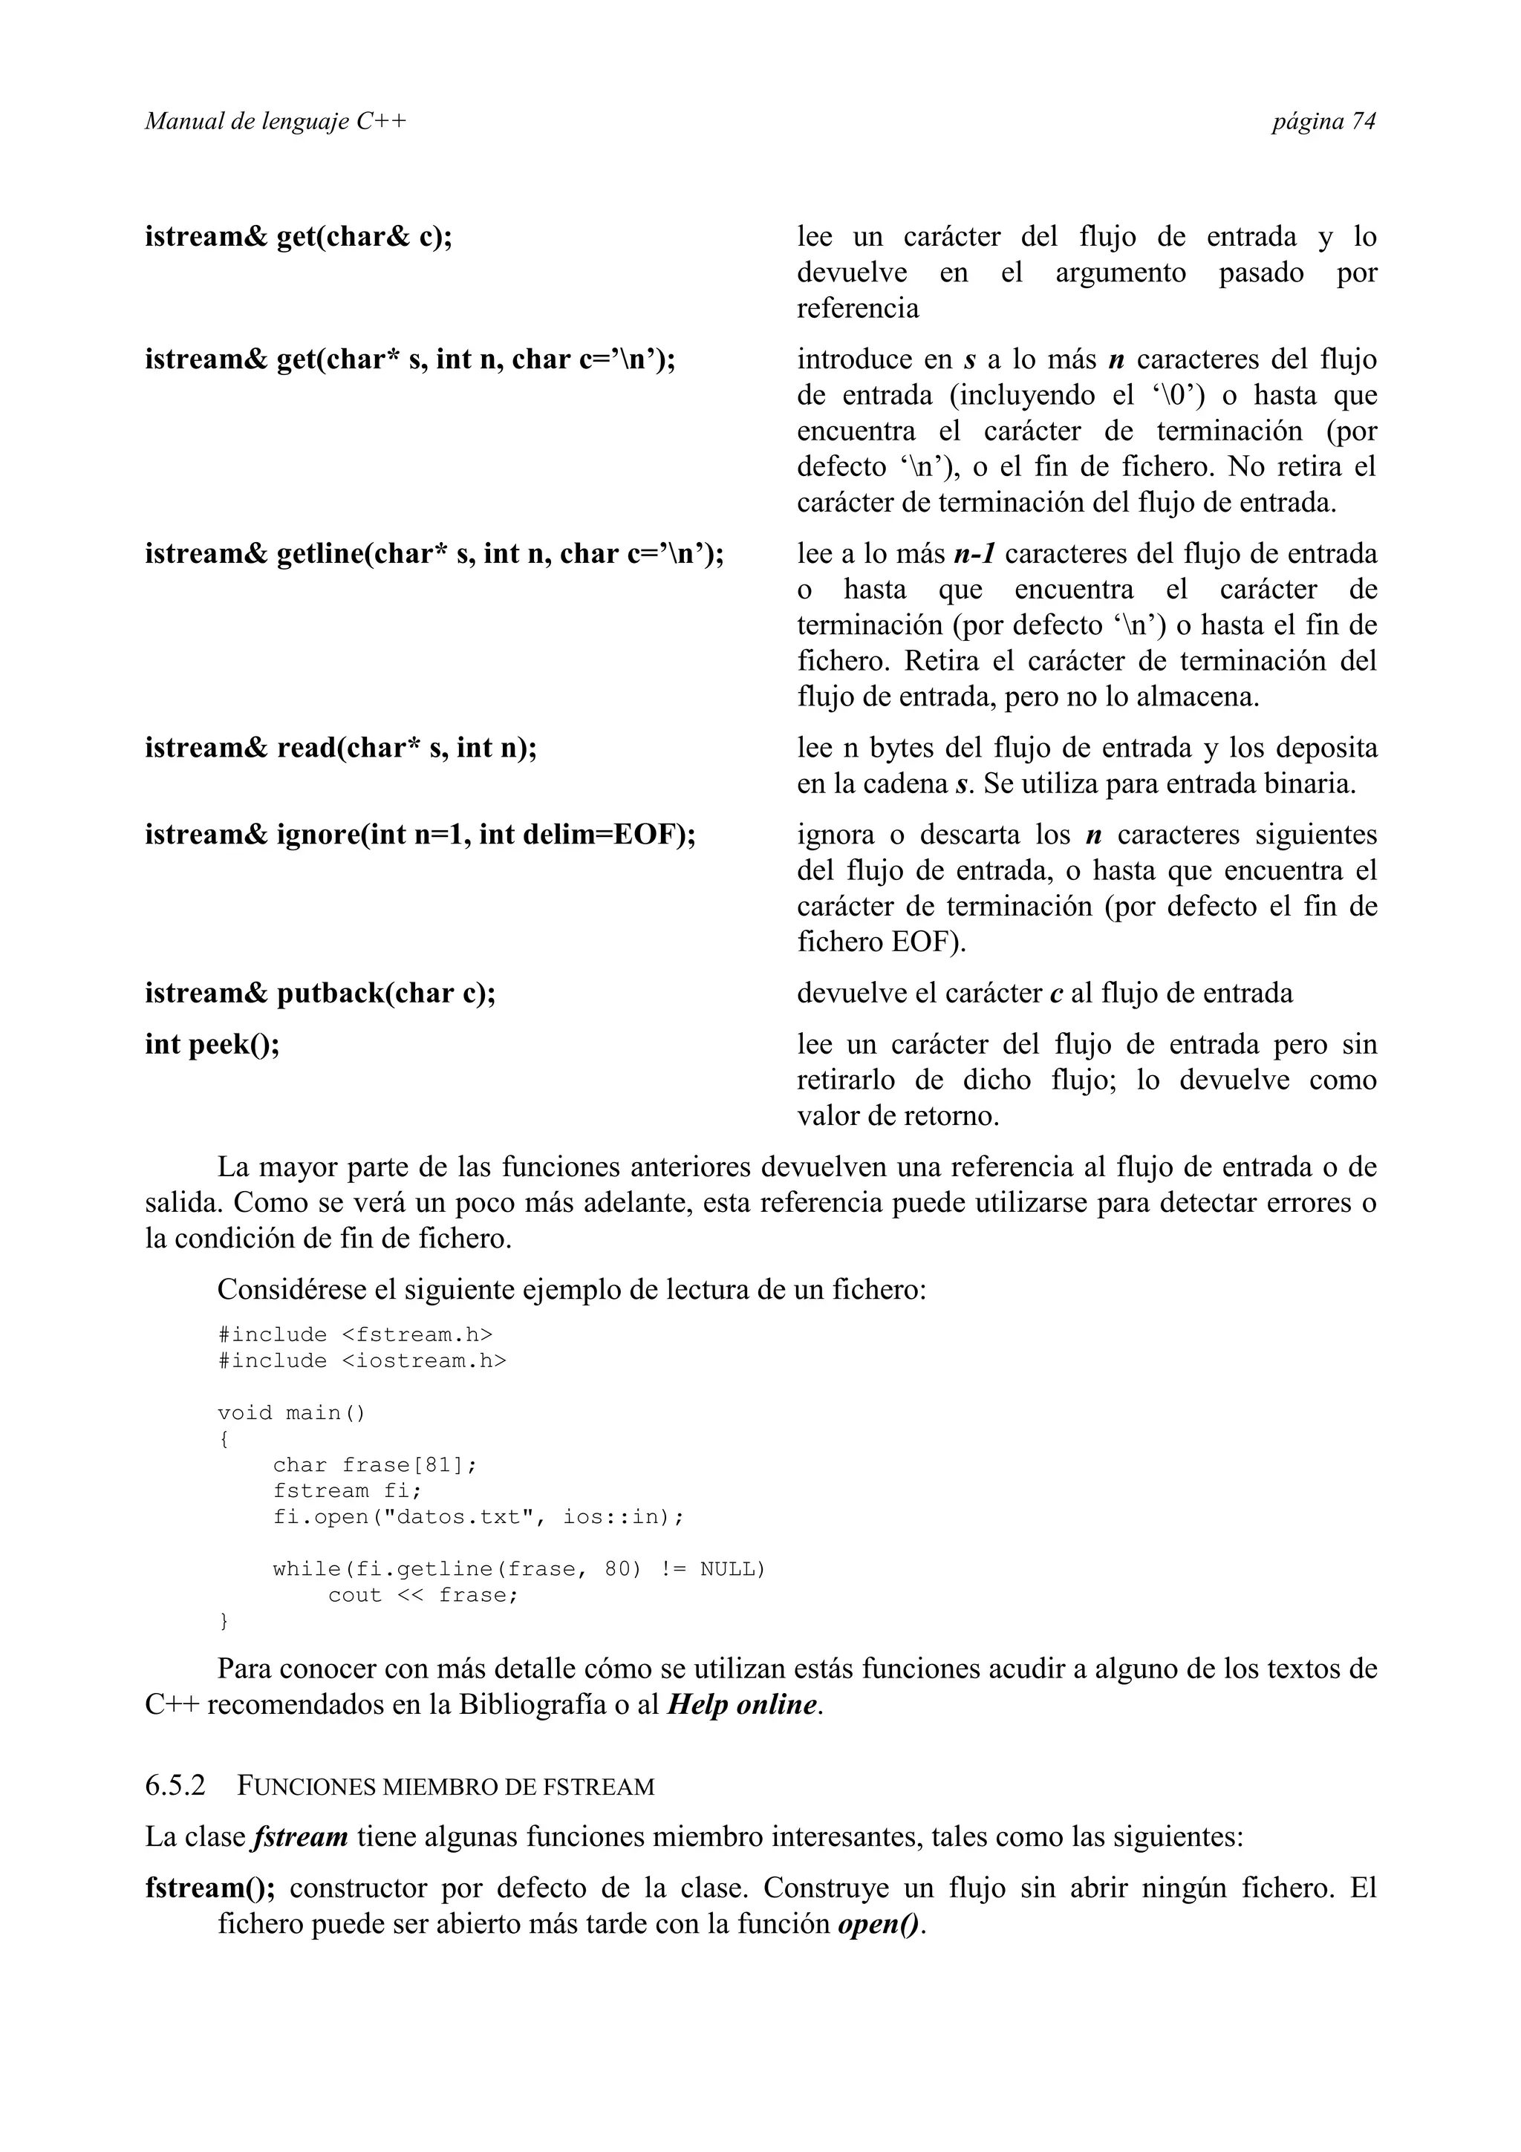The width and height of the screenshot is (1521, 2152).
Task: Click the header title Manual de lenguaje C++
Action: click(x=276, y=122)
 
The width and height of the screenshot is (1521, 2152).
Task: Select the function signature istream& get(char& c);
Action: click(x=298, y=236)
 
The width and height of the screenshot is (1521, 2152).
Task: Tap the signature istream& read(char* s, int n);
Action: click(x=340, y=748)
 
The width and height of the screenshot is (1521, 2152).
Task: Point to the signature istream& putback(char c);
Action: click(x=319, y=993)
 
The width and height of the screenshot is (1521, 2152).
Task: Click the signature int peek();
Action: click(x=212, y=1044)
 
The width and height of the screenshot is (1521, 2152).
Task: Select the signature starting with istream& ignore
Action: click(x=420, y=834)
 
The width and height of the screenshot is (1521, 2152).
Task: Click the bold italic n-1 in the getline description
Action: click(x=974, y=554)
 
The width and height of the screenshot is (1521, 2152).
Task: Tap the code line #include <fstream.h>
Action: click(x=354, y=1334)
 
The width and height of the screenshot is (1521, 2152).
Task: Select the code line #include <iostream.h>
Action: click(x=361, y=1361)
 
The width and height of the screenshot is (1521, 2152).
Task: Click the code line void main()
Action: click(x=290, y=1412)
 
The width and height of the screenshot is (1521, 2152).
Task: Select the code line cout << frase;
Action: click(x=423, y=1595)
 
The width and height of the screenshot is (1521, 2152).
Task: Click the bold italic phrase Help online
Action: click(x=741, y=1704)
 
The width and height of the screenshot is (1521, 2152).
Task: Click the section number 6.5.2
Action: click(x=175, y=1785)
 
